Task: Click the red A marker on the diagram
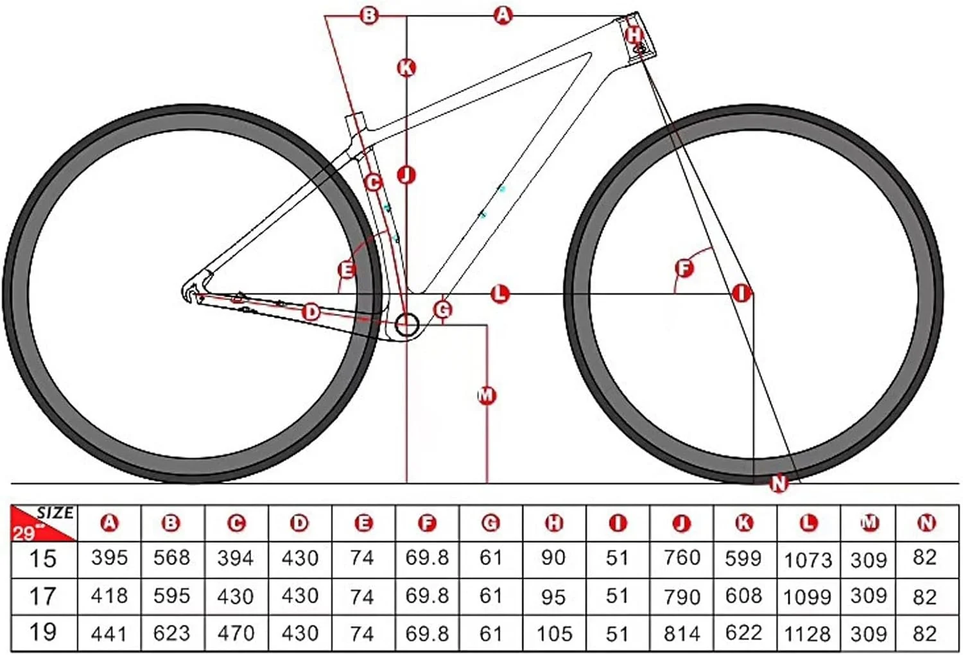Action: coord(503,16)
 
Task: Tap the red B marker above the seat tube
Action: coord(369,16)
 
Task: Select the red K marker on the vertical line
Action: coord(406,68)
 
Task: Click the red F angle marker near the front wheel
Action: coord(684,268)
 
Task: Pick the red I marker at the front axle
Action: coord(742,293)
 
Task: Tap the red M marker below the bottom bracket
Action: coord(487,395)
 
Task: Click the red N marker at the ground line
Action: coord(779,484)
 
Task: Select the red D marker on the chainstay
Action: coord(311,312)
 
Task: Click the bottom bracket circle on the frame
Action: coord(406,325)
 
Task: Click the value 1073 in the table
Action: coord(808,559)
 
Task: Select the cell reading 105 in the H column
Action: coord(554,634)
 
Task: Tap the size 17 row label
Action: coord(42,596)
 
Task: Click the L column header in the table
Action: coord(808,523)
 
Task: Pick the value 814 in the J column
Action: coord(682,634)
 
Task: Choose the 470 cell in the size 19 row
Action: coord(236,634)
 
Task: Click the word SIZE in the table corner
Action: coord(55,512)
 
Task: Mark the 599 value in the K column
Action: coord(743,558)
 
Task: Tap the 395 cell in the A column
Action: coord(110,558)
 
